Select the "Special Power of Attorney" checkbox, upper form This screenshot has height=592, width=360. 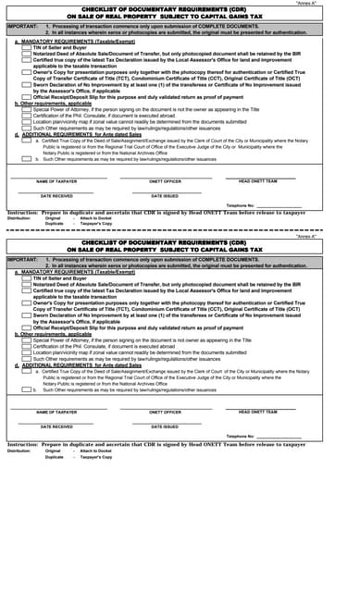point(26,109)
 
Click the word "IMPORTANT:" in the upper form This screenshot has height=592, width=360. point(22,29)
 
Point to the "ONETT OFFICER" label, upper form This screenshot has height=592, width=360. point(165,181)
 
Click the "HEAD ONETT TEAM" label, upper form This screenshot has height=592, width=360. point(257,180)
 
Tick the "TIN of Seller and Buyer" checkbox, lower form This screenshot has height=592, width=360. point(26,277)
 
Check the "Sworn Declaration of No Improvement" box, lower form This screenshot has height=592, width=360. point(26,316)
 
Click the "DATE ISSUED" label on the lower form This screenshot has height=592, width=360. point(165,426)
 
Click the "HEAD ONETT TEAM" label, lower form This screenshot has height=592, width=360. point(257,412)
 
